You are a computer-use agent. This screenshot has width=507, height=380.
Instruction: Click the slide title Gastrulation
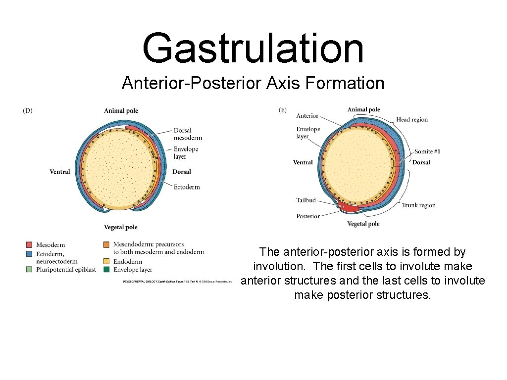(x=253, y=48)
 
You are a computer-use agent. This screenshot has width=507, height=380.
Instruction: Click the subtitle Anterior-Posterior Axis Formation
(x=253, y=83)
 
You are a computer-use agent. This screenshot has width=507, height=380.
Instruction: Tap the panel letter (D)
(x=28, y=111)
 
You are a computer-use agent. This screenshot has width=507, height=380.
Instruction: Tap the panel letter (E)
(x=283, y=110)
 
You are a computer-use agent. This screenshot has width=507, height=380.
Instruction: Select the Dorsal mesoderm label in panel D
(x=188, y=134)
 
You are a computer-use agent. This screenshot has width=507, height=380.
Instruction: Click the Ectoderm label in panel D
(x=187, y=187)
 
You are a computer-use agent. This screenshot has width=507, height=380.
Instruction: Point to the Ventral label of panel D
(x=60, y=172)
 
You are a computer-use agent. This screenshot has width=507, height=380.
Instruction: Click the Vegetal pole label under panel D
(x=120, y=227)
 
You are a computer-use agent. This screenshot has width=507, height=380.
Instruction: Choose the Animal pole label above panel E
(x=364, y=110)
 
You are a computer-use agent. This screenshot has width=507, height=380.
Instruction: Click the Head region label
(x=412, y=119)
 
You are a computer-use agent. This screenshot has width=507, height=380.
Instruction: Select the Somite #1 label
(x=427, y=151)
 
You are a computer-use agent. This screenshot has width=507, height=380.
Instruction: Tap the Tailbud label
(x=306, y=200)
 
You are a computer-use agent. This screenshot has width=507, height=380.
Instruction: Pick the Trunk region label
(x=418, y=205)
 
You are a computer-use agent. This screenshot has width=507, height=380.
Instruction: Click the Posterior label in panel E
(x=308, y=216)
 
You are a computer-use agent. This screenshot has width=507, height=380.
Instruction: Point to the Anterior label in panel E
(x=307, y=116)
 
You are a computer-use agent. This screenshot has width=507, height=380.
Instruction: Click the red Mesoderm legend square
(x=29, y=244)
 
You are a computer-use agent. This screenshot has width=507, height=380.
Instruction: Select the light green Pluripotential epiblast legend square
(x=29, y=270)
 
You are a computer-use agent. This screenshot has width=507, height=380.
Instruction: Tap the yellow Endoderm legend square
(x=106, y=261)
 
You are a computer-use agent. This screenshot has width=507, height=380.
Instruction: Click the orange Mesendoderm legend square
(x=106, y=244)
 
